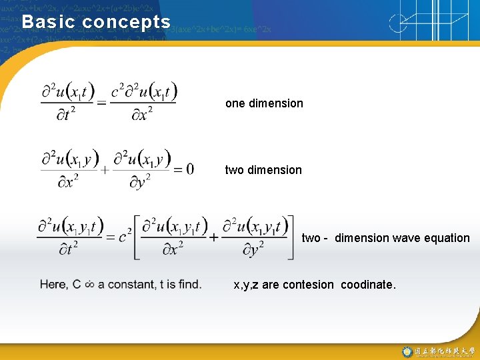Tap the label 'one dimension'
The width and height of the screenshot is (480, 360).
coord(264,103)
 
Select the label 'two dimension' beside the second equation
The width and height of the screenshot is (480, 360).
coord(263,170)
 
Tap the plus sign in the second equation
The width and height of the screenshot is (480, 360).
coord(105,169)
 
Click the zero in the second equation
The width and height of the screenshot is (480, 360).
coord(189,169)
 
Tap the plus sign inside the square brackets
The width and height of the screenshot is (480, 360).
coord(213,237)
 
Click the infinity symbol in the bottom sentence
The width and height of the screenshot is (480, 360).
coord(89,285)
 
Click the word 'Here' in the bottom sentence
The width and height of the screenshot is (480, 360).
coord(53,285)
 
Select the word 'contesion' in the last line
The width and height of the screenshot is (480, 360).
coord(308,285)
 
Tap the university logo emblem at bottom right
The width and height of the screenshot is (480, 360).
coord(407,351)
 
